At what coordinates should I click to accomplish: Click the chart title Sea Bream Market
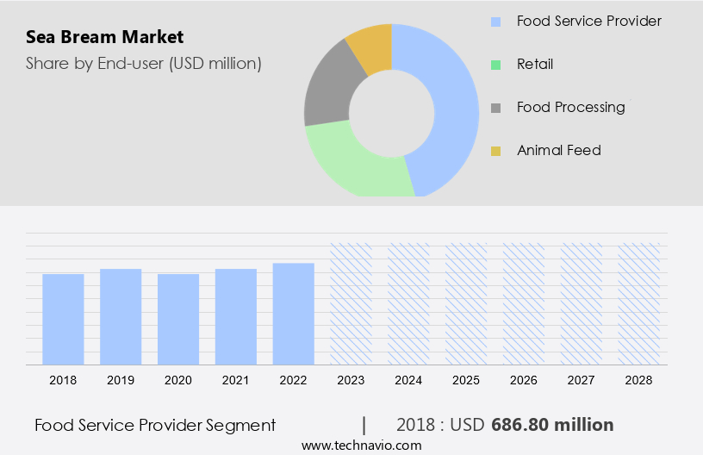coord(104,37)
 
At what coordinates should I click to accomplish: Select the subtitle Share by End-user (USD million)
coord(143,63)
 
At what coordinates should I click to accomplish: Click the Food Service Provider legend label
coord(588,21)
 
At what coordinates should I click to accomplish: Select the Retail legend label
coord(535,64)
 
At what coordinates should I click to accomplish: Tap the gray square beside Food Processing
coord(495,108)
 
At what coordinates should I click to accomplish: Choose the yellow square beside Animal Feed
coord(495,151)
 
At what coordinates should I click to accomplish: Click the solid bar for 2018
coord(63,319)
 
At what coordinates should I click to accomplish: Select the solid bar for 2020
coord(178,319)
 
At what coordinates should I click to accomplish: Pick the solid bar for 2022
coord(294,314)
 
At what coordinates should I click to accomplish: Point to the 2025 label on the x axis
coord(466,380)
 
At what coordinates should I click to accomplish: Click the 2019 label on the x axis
coord(121,380)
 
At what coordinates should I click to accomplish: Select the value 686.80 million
coord(552,425)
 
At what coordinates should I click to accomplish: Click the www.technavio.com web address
coord(362,446)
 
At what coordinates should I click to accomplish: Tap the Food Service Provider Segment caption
coord(155,425)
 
